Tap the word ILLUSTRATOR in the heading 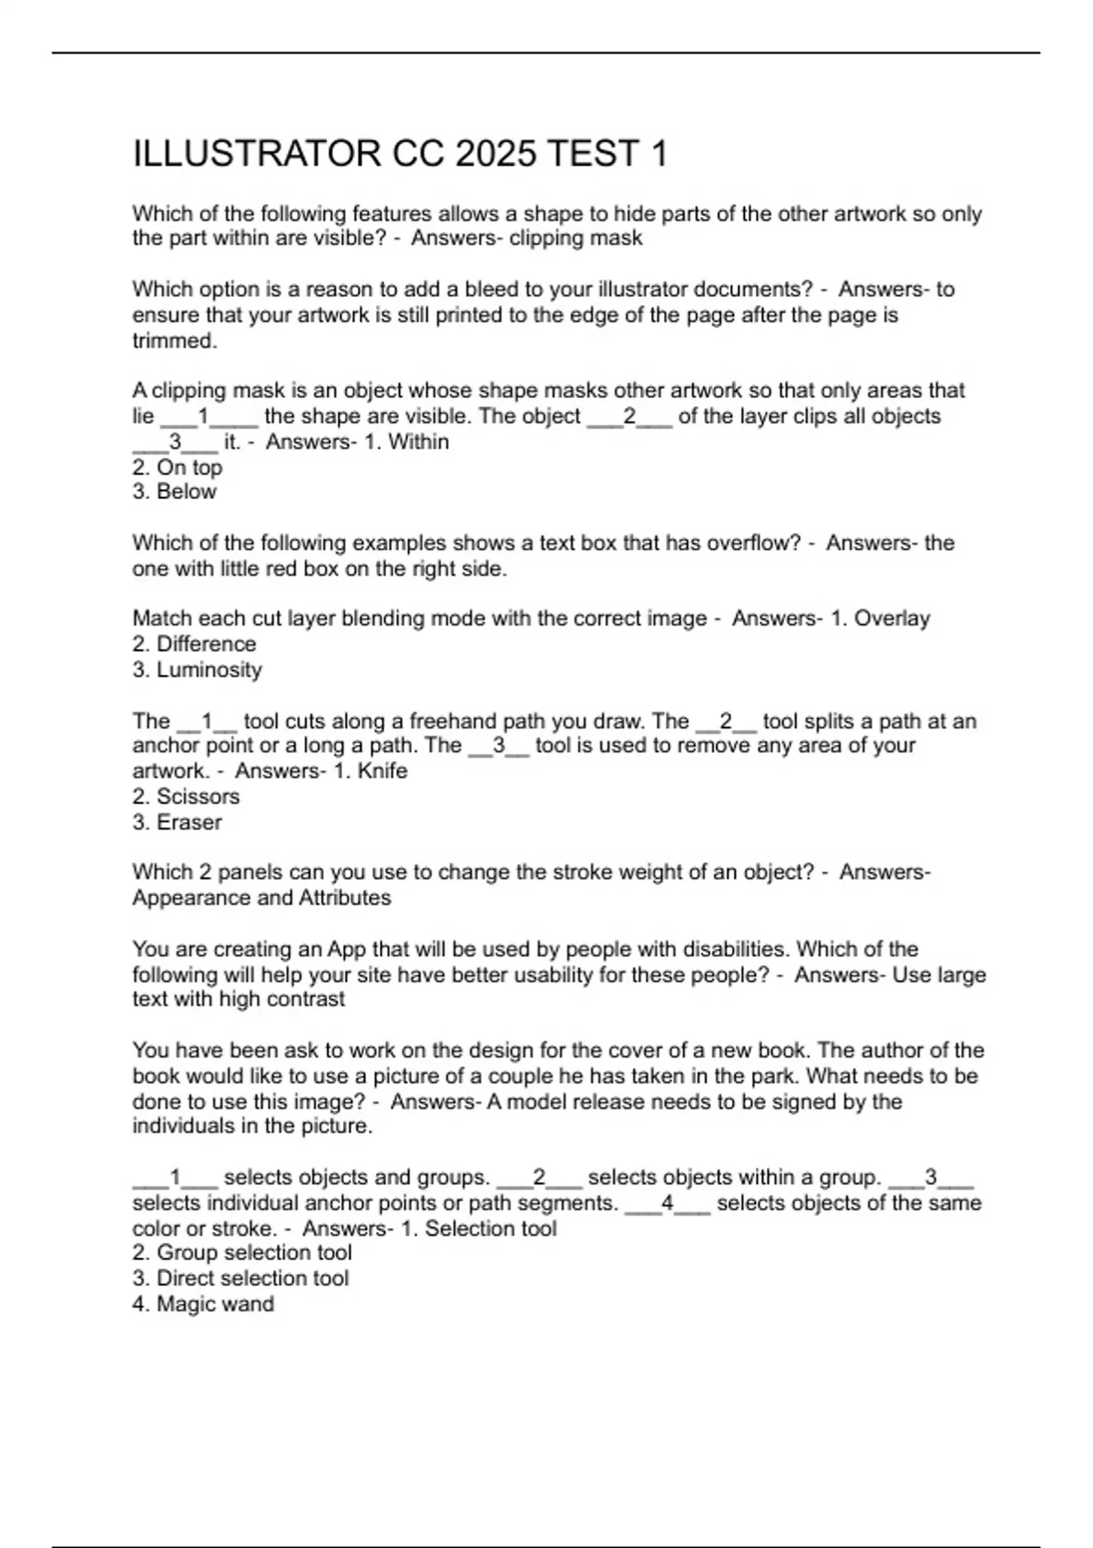click(x=258, y=154)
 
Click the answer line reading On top click(x=178, y=467)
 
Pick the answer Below click(x=175, y=492)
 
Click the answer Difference click(x=195, y=645)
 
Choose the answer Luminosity click(x=198, y=670)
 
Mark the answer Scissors click(x=187, y=797)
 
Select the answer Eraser click(x=178, y=822)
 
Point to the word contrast click(x=306, y=1000)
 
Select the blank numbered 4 click(x=668, y=1204)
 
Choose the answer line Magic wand click(x=204, y=1304)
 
